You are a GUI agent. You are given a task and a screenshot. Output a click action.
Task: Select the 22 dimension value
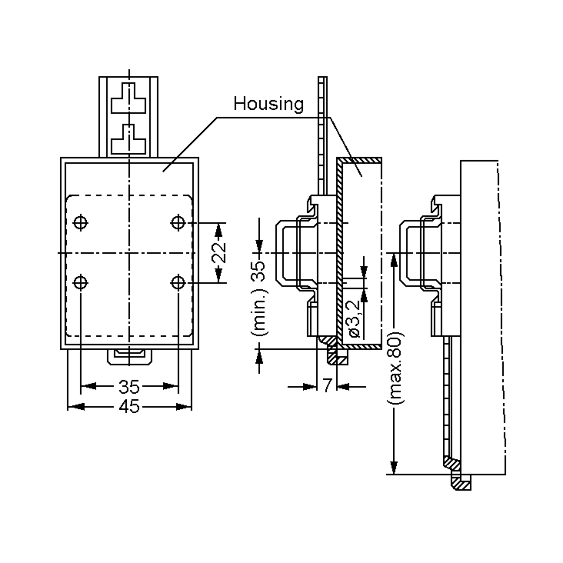(219, 252)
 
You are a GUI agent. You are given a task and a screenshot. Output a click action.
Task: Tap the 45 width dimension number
(129, 407)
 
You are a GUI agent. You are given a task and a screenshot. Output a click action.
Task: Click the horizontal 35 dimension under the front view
(129, 386)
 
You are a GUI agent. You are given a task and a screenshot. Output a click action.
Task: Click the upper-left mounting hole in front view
(80, 223)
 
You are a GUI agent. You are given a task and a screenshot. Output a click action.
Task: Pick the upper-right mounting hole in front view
(178, 223)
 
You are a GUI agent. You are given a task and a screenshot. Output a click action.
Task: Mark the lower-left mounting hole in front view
(80, 283)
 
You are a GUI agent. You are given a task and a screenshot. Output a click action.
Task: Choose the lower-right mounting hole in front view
(178, 283)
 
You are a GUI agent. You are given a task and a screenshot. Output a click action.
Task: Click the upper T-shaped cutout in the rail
(128, 98)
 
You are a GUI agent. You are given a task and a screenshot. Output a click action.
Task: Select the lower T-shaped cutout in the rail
(128, 139)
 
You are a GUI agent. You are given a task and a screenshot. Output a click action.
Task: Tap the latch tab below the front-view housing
(129, 357)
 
